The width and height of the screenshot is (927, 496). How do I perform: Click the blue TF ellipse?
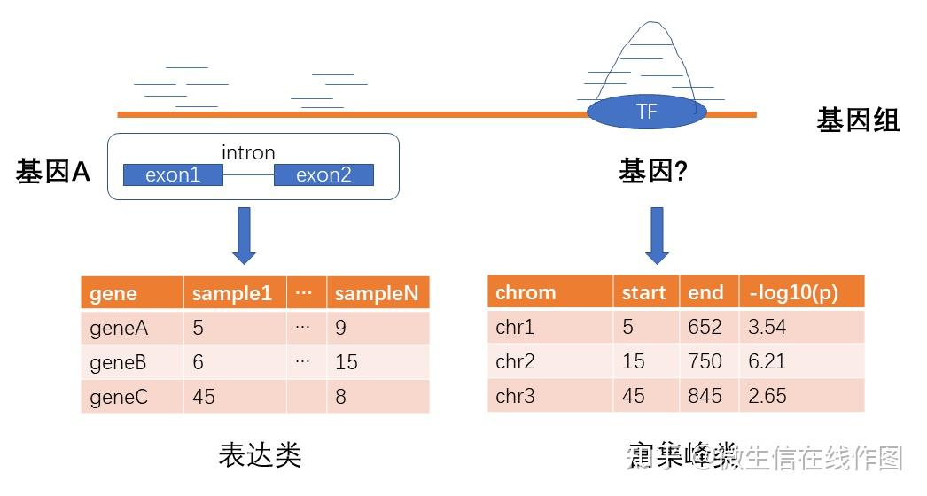(x=647, y=112)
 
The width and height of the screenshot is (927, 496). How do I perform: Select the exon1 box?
(x=173, y=174)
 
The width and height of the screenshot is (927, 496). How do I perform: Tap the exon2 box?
(x=323, y=174)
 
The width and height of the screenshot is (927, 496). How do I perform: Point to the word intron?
(x=248, y=152)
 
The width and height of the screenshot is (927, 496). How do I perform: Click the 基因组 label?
(x=857, y=120)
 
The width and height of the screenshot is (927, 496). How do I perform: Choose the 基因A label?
(x=53, y=173)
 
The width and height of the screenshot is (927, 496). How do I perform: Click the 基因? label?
(x=653, y=172)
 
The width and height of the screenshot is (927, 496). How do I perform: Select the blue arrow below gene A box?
(x=244, y=236)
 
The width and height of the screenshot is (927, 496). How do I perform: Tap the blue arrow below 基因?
(x=657, y=236)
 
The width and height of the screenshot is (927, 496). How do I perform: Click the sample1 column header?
(x=232, y=293)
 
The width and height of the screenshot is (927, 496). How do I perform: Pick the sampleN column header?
(x=377, y=293)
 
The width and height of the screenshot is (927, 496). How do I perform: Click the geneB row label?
(x=118, y=362)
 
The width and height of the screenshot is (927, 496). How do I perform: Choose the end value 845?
(x=705, y=395)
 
